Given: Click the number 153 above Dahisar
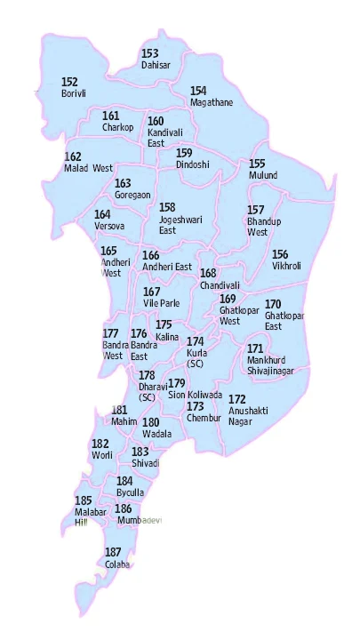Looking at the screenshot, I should [x=149, y=54].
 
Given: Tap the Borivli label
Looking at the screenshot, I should [x=73, y=93].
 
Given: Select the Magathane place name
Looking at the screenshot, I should [x=212, y=102].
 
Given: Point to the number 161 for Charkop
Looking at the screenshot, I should [x=110, y=116].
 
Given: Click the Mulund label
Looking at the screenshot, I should [x=263, y=175].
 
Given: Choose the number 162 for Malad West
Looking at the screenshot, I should [x=73, y=156].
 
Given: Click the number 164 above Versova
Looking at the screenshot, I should [x=102, y=214].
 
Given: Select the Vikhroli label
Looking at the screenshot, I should [x=287, y=266].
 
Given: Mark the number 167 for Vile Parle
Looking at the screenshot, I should [x=152, y=292].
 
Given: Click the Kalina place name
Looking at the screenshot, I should [x=166, y=338].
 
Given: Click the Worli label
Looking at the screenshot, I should [x=101, y=455].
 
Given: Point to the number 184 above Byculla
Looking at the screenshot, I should [x=124, y=480].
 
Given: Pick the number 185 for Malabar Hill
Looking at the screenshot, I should [x=84, y=500].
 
